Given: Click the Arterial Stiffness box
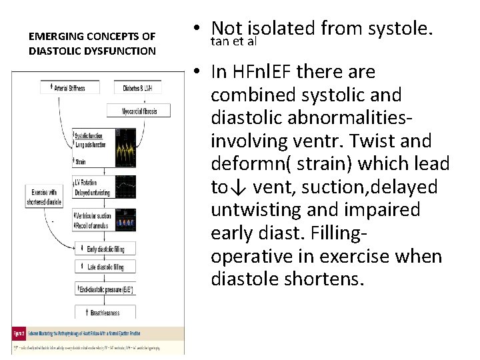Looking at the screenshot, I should point(70,88).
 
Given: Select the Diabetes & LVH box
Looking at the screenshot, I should point(141,88).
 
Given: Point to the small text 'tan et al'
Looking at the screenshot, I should point(233,42).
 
